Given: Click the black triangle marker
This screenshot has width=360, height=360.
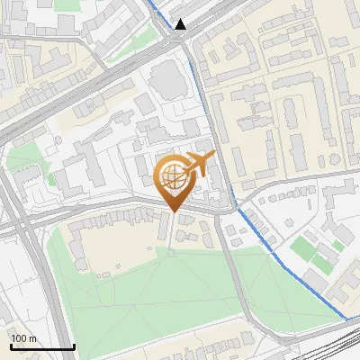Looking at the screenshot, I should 182,24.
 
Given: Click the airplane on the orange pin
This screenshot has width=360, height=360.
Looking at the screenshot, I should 199,165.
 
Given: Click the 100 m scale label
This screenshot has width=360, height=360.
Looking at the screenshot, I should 23,338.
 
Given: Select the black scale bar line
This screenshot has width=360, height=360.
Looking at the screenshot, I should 41,347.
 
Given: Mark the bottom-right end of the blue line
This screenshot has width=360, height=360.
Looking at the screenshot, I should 346,319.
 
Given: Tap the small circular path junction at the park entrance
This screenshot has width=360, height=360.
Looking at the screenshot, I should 172,253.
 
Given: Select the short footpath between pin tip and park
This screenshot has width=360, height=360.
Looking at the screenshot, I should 172,232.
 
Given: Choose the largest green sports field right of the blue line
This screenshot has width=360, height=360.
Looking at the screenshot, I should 310,251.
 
